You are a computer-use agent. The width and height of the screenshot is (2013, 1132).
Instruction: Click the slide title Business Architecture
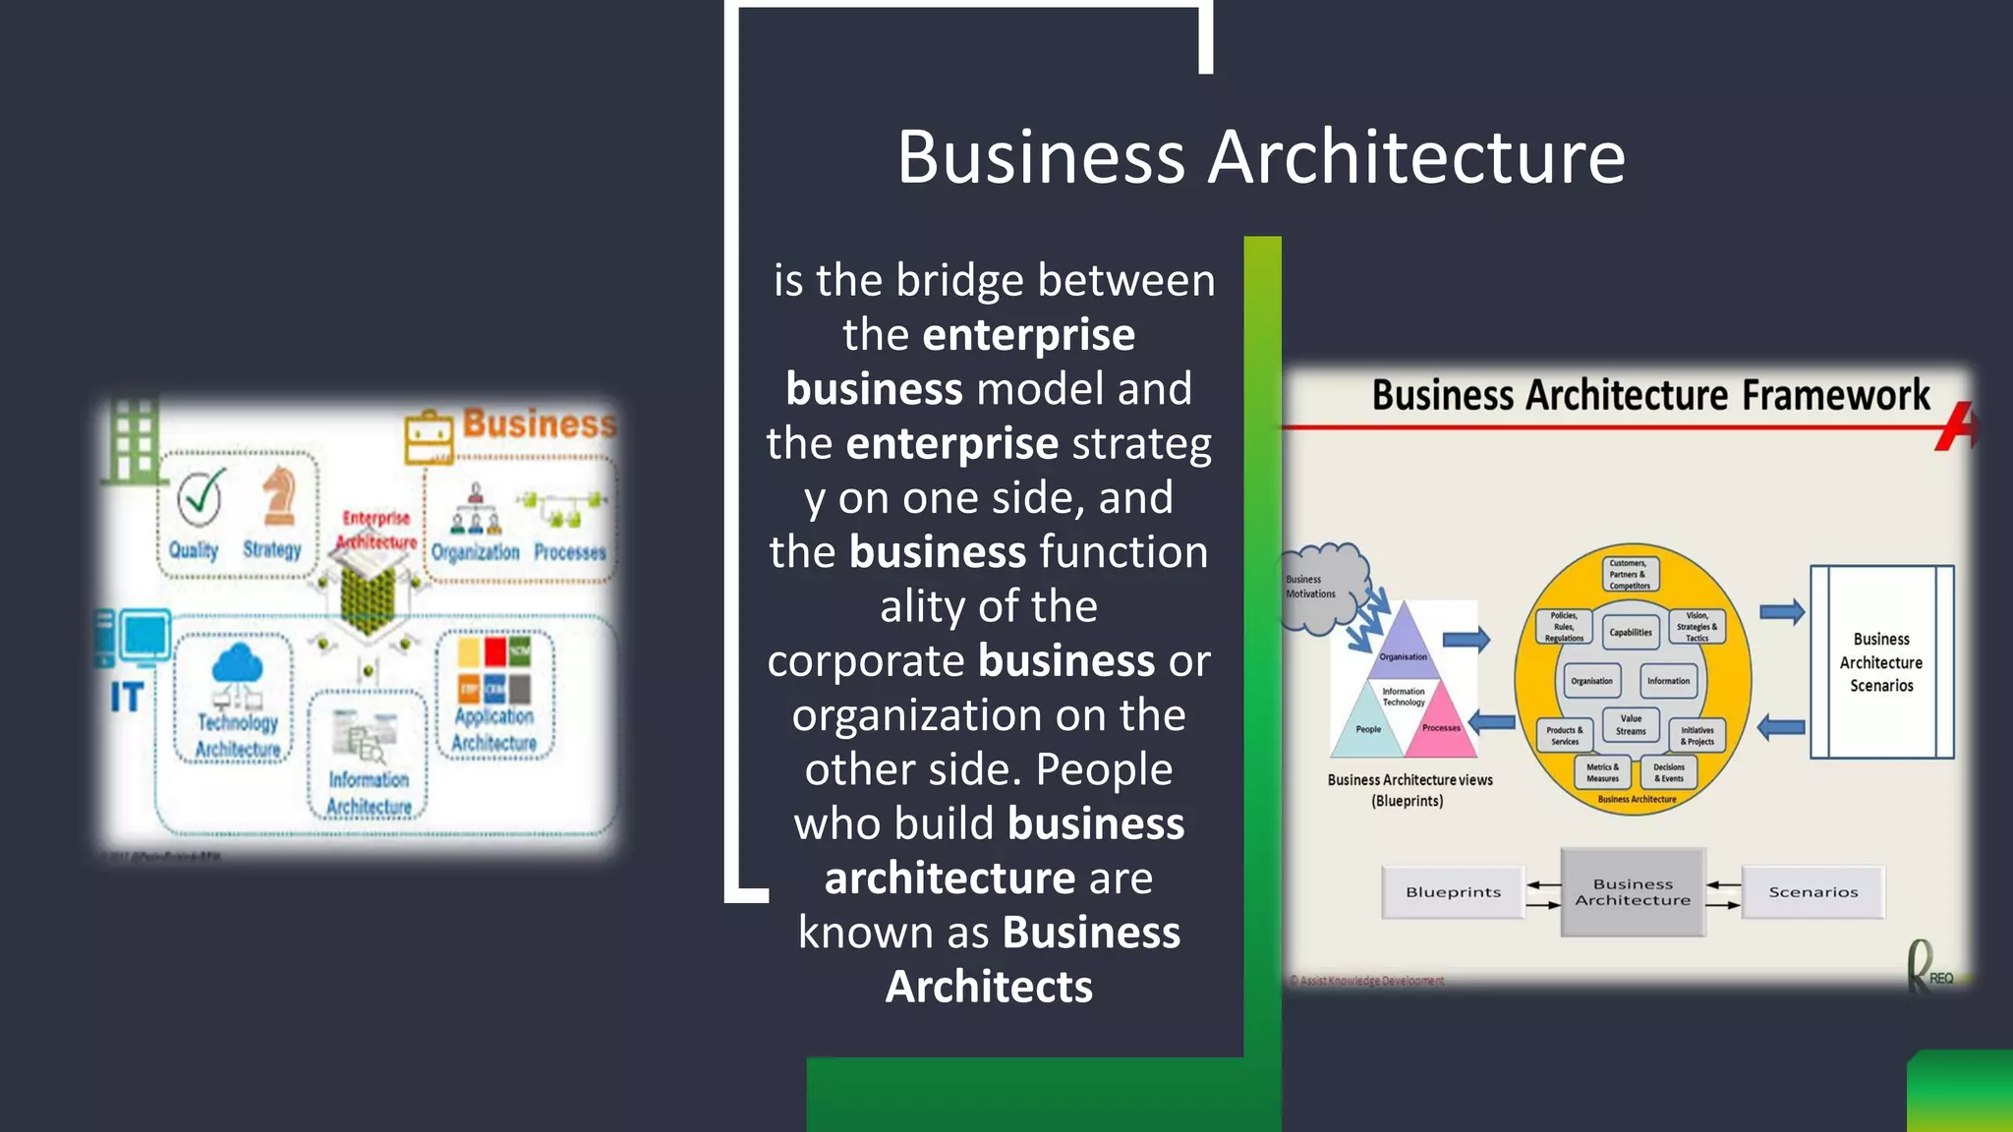(1261, 157)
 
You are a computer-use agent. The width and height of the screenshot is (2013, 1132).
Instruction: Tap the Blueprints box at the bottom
(1453, 892)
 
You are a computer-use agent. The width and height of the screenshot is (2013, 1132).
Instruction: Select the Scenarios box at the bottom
(1812, 892)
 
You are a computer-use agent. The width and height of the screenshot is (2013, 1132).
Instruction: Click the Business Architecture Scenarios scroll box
(1881, 662)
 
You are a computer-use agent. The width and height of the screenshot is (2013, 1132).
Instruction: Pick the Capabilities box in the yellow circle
(1631, 632)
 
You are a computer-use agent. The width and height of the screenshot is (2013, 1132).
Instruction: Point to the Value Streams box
(1631, 725)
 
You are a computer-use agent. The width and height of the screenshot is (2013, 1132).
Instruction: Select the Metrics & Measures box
(1602, 772)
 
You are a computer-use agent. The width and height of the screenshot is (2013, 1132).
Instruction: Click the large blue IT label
(127, 698)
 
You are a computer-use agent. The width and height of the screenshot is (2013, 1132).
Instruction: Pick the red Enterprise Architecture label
(376, 530)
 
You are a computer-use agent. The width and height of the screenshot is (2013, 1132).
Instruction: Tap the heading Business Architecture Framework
(1650, 395)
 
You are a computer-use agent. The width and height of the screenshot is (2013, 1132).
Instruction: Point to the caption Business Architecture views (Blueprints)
(1409, 790)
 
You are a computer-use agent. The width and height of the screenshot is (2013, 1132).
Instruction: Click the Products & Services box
(1565, 735)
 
